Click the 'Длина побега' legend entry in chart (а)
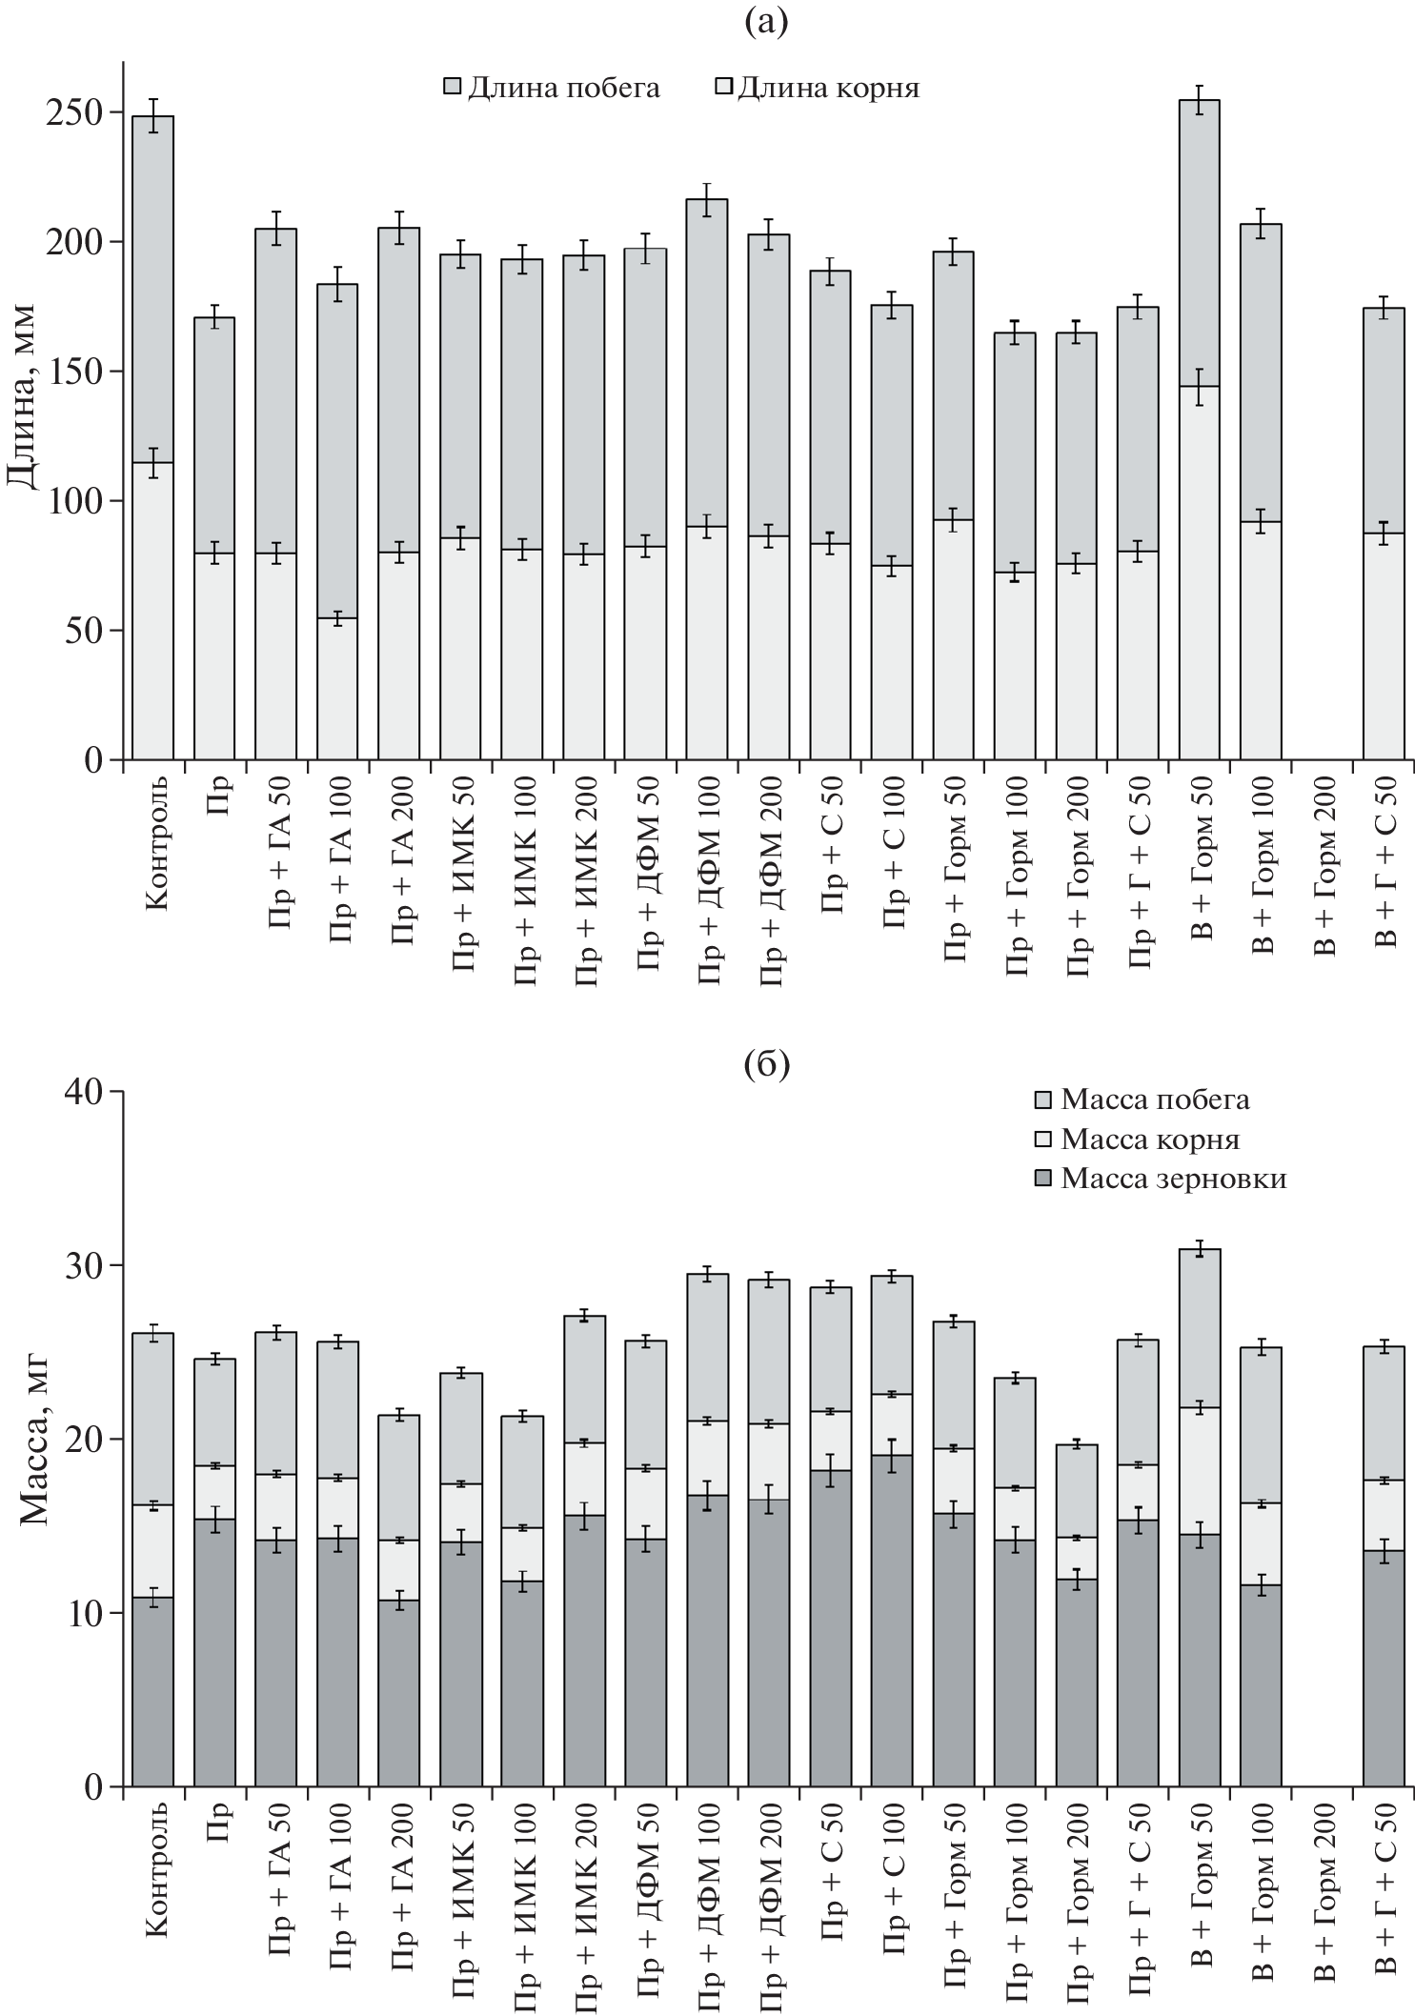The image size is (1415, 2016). pos(562,89)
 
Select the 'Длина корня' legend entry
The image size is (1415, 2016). pos(829,89)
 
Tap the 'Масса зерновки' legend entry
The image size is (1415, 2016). pos(1173,1179)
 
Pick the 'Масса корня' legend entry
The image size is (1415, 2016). pos(1149,1139)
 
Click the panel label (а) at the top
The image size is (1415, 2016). pos(766,21)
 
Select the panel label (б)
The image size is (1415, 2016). pos(766,1065)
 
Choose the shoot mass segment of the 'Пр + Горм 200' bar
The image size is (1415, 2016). pos(1076,1490)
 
